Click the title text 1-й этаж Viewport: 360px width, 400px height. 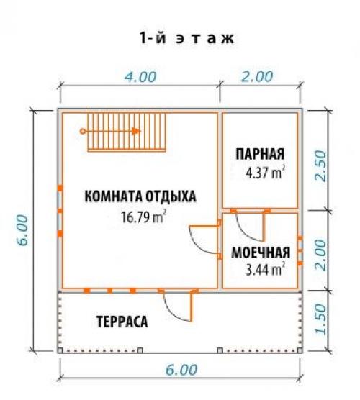pos(186,38)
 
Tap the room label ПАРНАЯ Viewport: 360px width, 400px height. pos(260,154)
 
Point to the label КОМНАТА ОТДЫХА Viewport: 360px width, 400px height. pos(140,196)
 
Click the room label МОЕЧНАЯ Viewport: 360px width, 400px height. pos(260,253)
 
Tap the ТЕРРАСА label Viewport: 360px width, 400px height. pos(122,322)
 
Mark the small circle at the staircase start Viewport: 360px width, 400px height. pos(83,131)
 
